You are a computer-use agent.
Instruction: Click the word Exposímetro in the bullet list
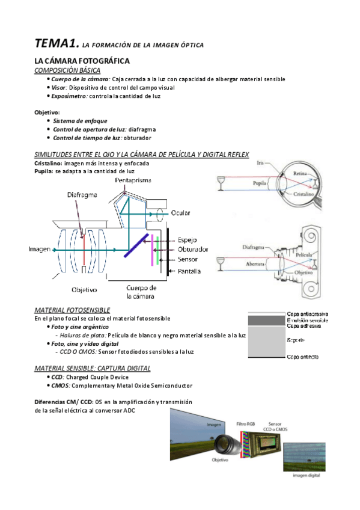click(x=70, y=96)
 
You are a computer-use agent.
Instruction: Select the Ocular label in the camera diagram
click(x=181, y=213)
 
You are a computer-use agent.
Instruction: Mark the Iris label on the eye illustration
click(x=260, y=162)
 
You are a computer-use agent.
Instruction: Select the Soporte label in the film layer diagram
click(x=295, y=340)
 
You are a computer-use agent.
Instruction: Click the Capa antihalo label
click(x=303, y=357)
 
